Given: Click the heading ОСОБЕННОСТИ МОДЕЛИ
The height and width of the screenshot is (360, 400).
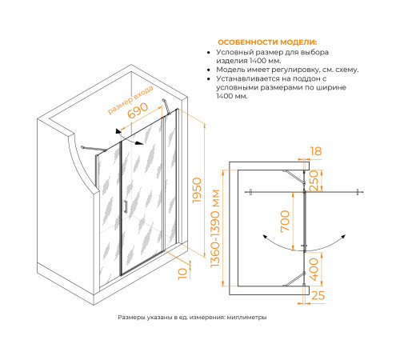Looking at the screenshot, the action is pos(267,42).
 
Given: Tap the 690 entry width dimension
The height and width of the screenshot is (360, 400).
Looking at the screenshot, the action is pos(138,110).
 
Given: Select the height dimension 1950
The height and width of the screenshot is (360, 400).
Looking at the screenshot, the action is pos(197,190).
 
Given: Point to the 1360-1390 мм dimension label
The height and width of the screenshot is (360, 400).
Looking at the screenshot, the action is pos(215,228).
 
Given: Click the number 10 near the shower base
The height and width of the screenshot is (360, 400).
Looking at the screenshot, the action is pos(182,274).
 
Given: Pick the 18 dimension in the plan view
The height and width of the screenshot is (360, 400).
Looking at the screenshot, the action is pos(316,151).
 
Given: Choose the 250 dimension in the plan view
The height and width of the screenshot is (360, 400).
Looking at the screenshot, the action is pos(314,181).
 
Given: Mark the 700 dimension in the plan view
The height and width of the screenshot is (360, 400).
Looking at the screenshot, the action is pos(285,222).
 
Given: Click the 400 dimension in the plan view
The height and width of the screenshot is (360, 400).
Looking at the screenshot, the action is pos(314,270).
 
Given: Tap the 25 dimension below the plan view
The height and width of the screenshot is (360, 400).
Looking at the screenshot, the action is pos(318,295).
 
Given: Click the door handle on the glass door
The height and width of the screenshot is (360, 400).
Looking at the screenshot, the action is pos(126,207).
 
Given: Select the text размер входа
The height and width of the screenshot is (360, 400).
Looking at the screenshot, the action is pos(130,100).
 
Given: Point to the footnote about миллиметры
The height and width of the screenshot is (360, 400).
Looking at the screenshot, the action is pos(192,318).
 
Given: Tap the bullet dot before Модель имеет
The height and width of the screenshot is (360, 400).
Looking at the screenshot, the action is pos(209,70).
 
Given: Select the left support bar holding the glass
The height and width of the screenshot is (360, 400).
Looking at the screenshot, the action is pos(94,149).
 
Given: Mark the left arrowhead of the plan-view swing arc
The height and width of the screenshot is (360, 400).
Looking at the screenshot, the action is pos(265,237).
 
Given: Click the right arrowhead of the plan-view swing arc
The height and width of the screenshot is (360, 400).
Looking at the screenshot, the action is pos(343,237).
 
